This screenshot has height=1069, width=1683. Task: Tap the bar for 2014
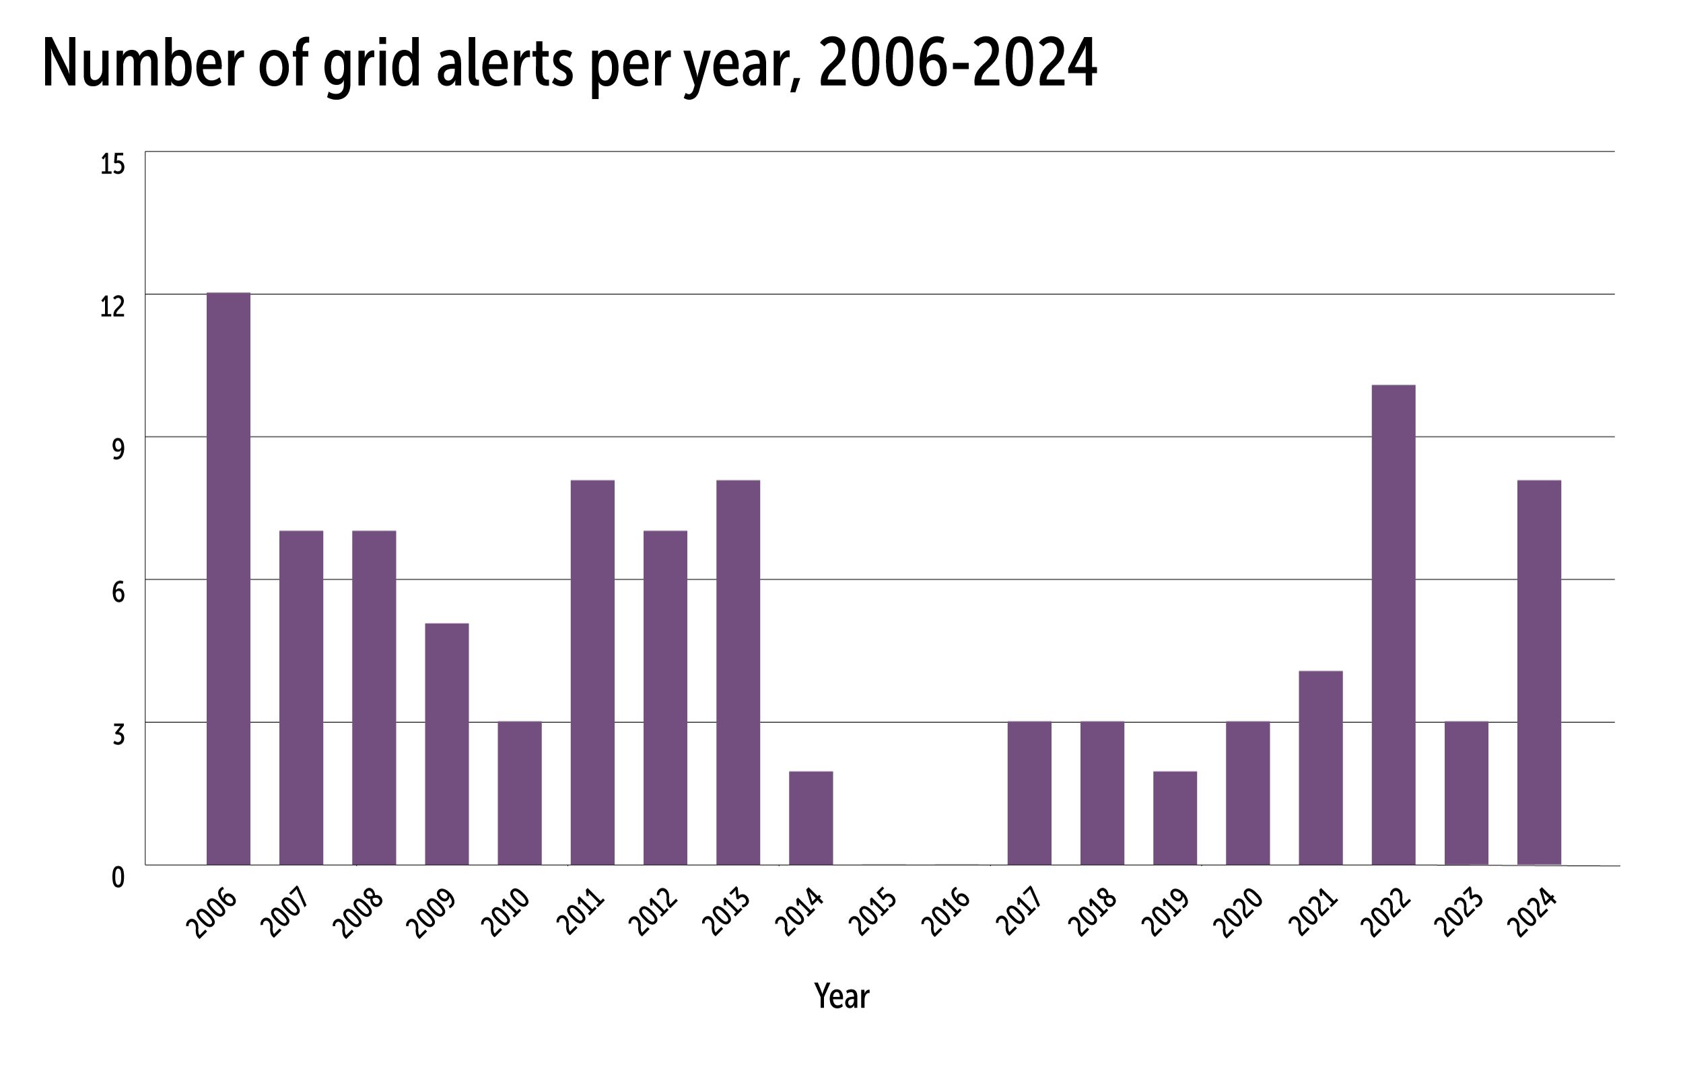tap(811, 818)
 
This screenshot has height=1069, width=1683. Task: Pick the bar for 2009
tap(446, 744)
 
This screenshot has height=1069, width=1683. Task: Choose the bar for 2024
tap(1539, 672)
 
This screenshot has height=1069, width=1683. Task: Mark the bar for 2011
tap(592, 672)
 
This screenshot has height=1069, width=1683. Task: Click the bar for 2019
tap(1175, 818)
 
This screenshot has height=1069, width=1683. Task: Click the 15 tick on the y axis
tap(112, 164)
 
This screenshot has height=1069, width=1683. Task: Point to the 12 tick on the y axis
tap(112, 307)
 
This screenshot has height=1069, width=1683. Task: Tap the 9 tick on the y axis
tap(118, 449)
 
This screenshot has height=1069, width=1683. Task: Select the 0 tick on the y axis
tap(118, 878)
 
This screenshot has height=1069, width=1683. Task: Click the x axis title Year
tap(841, 996)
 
